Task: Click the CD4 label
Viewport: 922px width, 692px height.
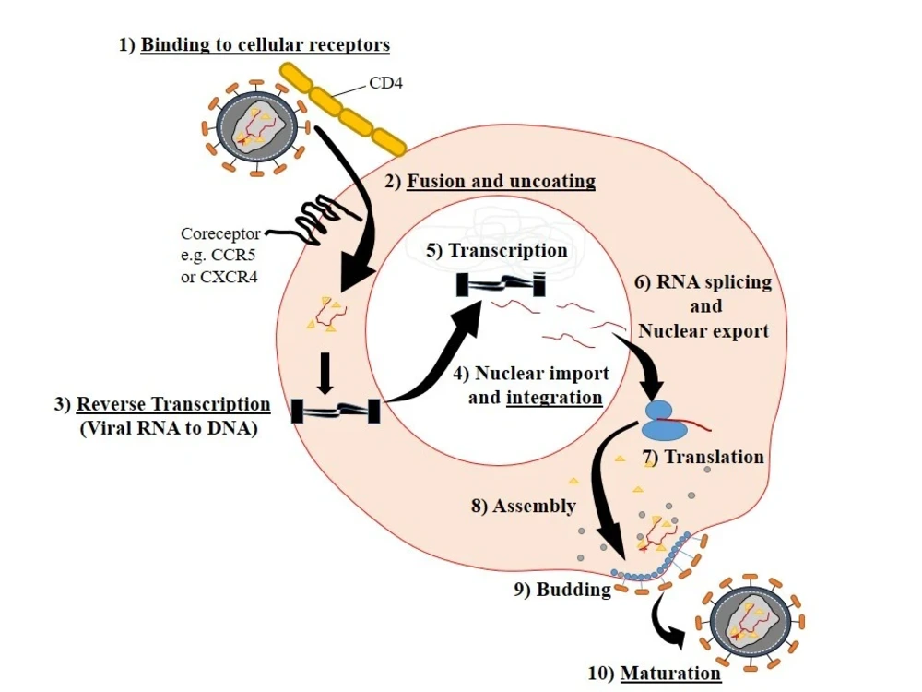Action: pyautogui.click(x=385, y=83)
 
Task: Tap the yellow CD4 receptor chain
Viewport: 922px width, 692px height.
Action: pyautogui.click(x=342, y=110)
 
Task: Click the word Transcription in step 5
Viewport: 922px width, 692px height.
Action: pyautogui.click(x=508, y=250)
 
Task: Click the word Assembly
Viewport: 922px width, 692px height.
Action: pyautogui.click(x=534, y=506)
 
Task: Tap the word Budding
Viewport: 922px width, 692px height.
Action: pyautogui.click(x=573, y=589)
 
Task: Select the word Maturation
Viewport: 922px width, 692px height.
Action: pyautogui.click(x=670, y=673)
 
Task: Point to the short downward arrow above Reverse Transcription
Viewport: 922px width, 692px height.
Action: pyautogui.click(x=325, y=374)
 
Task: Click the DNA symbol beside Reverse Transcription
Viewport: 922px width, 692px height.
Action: pyautogui.click(x=336, y=411)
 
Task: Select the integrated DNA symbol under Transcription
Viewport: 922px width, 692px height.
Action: pyautogui.click(x=501, y=284)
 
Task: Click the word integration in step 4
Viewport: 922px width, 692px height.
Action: pyautogui.click(x=554, y=398)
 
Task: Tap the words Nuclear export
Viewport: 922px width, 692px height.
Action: pyautogui.click(x=703, y=330)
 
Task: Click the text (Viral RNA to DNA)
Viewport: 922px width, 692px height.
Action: pyautogui.click(x=169, y=428)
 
